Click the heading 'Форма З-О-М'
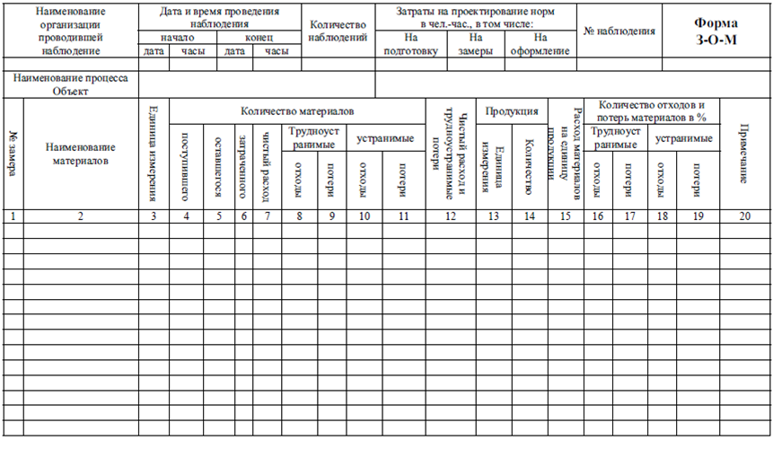716,31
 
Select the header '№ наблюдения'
619,31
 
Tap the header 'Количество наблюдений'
338,31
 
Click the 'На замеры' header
476,44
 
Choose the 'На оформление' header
540,44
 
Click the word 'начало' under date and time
176,39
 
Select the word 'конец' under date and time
259,39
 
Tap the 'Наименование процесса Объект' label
71,84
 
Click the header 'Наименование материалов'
80,154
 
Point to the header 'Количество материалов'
297,110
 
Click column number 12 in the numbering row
451,216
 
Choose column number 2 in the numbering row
80,216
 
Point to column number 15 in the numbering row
566,216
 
